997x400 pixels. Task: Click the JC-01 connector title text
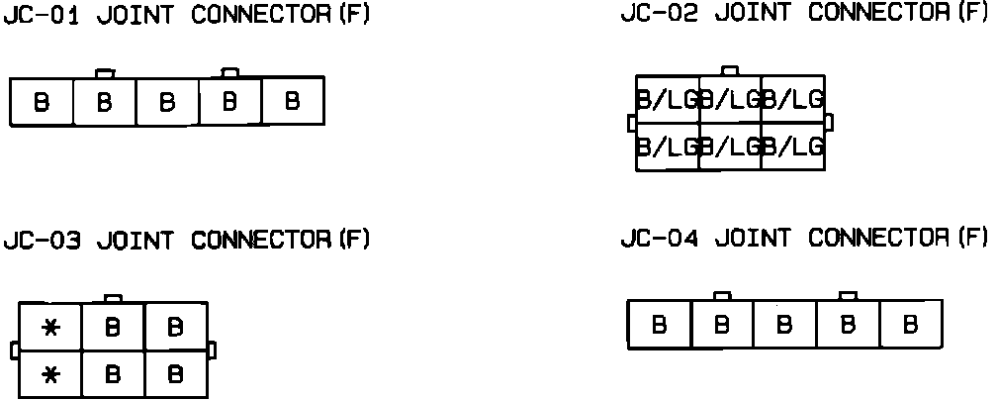click(187, 17)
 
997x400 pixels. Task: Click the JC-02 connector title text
click(804, 13)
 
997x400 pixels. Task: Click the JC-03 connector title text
click(187, 241)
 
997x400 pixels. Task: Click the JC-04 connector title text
click(804, 239)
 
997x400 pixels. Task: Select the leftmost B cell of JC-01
click(43, 102)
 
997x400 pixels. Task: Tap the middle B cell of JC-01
click(167, 102)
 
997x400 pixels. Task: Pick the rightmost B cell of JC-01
click(292, 101)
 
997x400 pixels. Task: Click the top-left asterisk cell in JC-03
click(50, 328)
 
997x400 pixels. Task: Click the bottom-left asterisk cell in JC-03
click(50, 374)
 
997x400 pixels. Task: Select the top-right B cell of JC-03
click(176, 328)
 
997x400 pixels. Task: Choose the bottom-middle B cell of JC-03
click(113, 374)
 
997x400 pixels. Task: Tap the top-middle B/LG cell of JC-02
click(730, 99)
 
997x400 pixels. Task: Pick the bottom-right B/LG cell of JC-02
click(793, 147)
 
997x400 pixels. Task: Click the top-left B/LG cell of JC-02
click(668, 99)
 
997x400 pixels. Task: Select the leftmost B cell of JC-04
click(660, 325)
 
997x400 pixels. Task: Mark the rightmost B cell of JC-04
click(911, 324)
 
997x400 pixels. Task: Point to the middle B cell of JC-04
click(785, 325)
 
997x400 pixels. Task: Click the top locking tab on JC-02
click(730, 70)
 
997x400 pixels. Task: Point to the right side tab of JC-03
click(213, 350)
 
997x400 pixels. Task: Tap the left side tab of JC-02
click(632, 123)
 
